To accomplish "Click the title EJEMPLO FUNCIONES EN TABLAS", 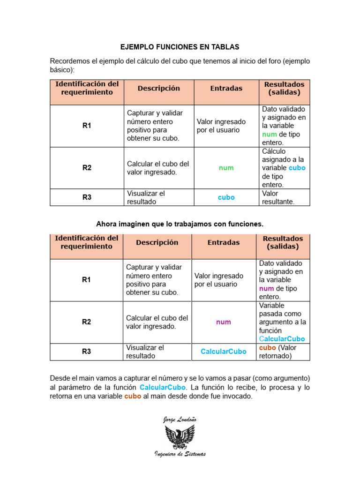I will coord(180,47).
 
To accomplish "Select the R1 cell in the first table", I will coord(87,126).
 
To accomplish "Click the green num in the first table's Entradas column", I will coord(226,168).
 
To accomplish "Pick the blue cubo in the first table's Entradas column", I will coord(226,197).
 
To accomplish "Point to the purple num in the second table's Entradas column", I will coord(223,322).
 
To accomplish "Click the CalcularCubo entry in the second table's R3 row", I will coord(223,352).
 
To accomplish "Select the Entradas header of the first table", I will coord(226,88).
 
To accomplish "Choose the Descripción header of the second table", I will coord(157,242).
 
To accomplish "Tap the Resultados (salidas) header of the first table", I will coord(284,88).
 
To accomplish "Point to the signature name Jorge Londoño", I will coord(180,419).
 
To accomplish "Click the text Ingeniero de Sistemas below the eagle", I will coord(180,454).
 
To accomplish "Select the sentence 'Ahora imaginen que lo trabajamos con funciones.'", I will coord(180,224).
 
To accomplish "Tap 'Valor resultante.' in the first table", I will coord(278,197).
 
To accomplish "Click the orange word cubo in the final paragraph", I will coord(133,396).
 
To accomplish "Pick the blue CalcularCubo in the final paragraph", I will coord(163,388).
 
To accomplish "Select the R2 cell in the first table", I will coord(87,168).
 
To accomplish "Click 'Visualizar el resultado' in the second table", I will coord(145,352).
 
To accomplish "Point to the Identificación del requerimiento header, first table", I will coord(87,88).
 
